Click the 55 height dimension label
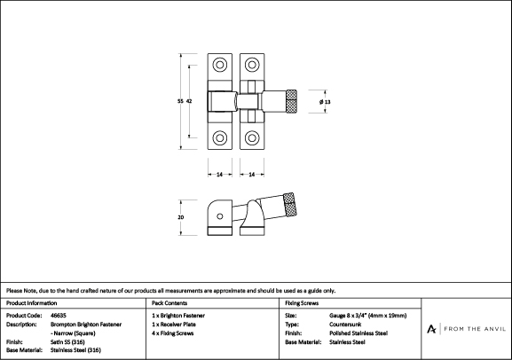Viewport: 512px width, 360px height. pos(180,101)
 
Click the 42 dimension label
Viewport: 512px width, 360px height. pos(189,101)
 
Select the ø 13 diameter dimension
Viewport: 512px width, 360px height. pos(325,102)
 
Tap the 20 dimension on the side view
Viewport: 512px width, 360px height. pos(180,217)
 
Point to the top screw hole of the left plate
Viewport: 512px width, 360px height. pos(220,65)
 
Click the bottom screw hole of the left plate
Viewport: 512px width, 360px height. pos(220,137)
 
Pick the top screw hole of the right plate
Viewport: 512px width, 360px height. pos(252,65)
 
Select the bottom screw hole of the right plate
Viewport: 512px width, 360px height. pos(252,137)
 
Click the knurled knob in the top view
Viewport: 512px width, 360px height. pos(292,101)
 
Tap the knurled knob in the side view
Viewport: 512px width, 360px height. pos(290,204)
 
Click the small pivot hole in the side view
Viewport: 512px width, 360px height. pos(220,216)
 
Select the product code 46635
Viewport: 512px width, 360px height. pos(59,316)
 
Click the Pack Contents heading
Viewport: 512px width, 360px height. pos(169,303)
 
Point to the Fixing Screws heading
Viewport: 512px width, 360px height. pos(302,303)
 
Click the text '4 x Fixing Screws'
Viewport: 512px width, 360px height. pos(173,333)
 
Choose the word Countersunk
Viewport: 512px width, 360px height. pos(345,325)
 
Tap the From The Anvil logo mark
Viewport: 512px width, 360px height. pos(431,329)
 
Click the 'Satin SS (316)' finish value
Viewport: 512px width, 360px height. pos(67,342)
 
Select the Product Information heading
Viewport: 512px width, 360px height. pos(31,303)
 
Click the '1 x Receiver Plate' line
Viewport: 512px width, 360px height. pos(174,325)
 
